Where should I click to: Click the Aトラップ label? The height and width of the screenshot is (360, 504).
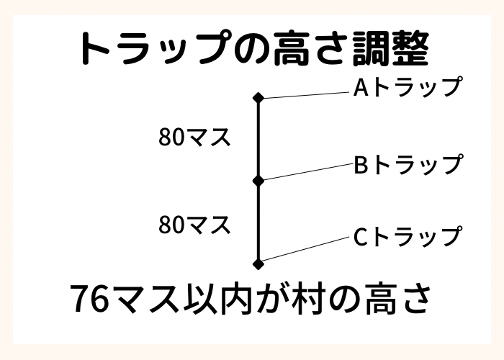(408, 87)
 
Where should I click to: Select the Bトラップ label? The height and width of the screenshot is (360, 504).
(409, 164)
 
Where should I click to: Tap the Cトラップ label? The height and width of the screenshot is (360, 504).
(408, 236)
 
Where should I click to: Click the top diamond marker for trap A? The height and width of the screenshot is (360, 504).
(258, 98)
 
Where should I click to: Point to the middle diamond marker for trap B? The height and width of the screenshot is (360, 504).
(258, 181)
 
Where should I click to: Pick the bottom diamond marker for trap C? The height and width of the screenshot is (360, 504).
(258, 264)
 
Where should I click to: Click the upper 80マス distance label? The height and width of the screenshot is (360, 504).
(195, 137)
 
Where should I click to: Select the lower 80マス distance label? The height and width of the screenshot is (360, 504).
(195, 225)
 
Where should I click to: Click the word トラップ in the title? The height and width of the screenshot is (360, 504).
(155, 48)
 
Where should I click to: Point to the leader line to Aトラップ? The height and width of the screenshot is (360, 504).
(306, 95)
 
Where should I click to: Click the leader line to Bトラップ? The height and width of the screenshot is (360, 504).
(308, 172)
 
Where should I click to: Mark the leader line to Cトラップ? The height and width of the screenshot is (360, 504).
(305, 249)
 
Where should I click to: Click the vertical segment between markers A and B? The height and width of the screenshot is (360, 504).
(258, 139)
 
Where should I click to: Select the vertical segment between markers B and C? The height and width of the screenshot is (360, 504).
(258, 222)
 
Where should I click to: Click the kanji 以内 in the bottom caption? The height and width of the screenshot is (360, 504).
(217, 300)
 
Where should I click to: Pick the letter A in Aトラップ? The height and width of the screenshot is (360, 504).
(361, 87)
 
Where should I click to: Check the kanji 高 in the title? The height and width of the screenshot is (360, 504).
(291, 48)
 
